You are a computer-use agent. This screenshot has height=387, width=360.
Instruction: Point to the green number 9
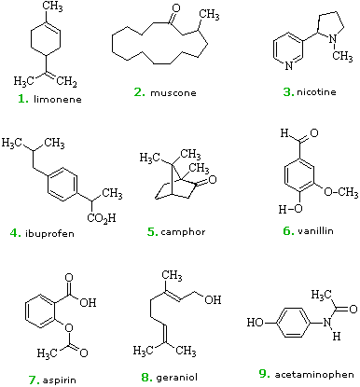[264, 373]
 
